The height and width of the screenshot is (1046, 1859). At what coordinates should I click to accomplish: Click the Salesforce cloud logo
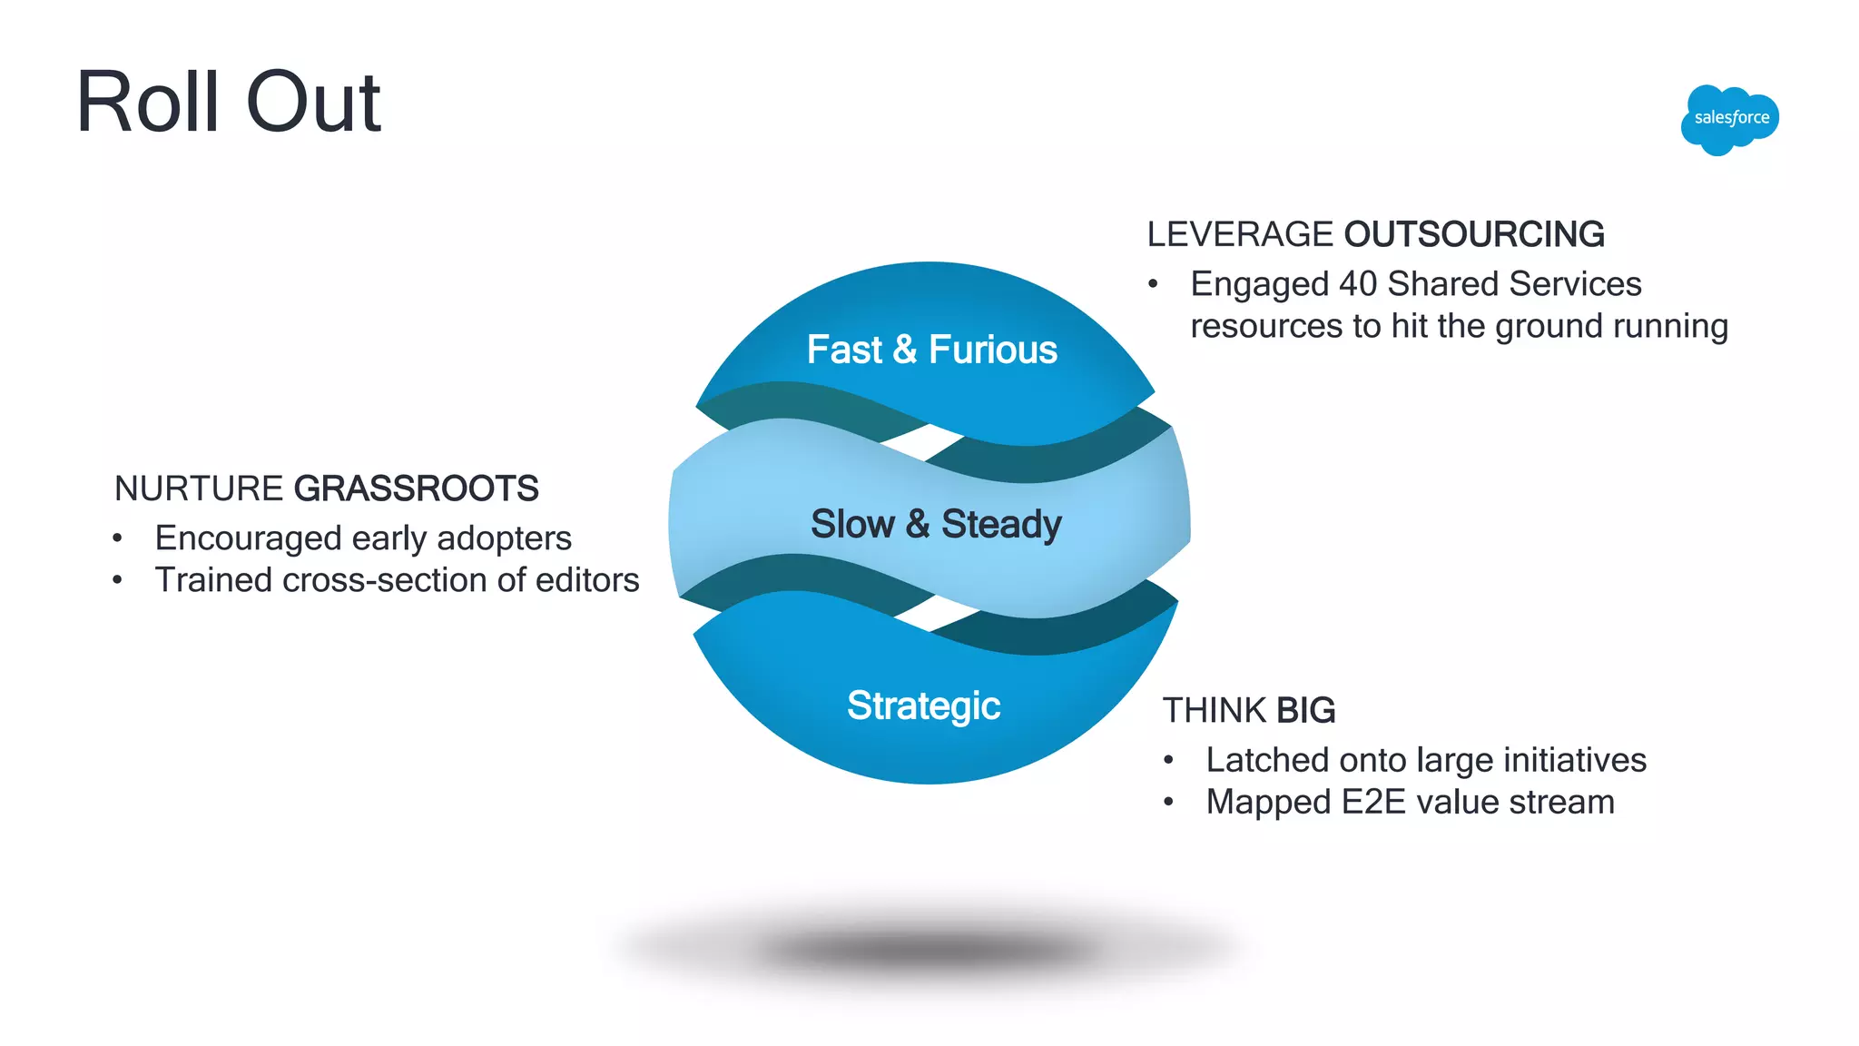click(x=1730, y=119)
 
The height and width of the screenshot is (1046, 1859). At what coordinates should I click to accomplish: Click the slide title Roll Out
click(x=229, y=102)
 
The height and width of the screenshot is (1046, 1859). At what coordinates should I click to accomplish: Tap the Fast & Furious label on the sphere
click(x=932, y=350)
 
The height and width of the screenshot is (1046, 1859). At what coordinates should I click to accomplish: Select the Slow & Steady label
click(x=936, y=524)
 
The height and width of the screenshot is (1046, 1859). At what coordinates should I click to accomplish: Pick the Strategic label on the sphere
click(x=923, y=706)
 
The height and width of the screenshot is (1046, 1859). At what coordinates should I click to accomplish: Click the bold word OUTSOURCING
click(x=1474, y=234)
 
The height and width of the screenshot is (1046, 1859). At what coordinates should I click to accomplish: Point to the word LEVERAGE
click(x=1239, y=234)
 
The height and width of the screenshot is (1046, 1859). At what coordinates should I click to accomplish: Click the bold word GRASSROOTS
click(x=416, y=488)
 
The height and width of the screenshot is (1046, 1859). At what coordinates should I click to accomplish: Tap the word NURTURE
click(x=198, y=488)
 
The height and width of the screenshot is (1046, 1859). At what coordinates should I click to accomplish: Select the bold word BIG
click(x=1305, y=710)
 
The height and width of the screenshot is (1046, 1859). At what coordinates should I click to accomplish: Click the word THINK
click(x=1215, y=710)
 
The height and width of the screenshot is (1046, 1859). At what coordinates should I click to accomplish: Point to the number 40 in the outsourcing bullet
click(x=1358, y=284)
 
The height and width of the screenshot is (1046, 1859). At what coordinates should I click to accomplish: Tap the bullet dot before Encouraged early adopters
click(x=117, y=538)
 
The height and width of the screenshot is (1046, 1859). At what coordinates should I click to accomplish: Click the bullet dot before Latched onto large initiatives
click(x=1168, y=760)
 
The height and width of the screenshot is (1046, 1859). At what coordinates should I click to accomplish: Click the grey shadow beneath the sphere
click(x=930, y=949)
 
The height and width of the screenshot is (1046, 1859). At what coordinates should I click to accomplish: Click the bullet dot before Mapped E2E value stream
click(x=1168, y=803)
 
